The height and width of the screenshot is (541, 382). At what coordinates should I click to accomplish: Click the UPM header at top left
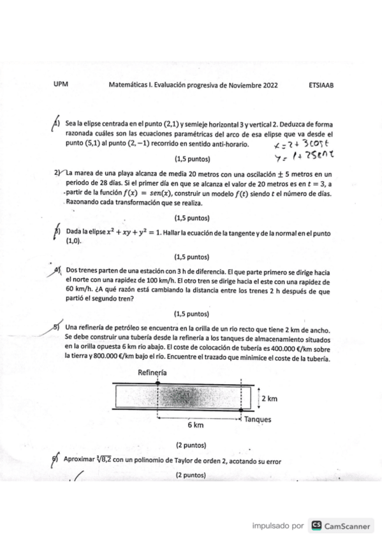61,84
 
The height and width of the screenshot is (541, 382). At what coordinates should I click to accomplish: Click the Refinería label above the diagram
153,372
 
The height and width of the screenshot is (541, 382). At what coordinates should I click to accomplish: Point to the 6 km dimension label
195,424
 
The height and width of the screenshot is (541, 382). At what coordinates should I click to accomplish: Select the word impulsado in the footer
269,526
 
